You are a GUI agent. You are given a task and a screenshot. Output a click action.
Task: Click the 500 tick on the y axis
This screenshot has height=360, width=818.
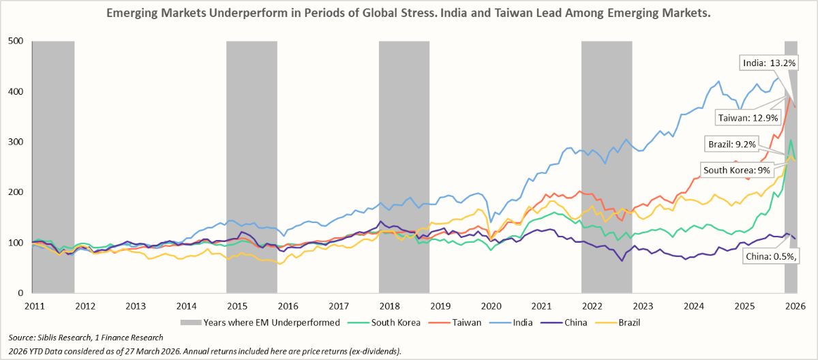coord(16,41)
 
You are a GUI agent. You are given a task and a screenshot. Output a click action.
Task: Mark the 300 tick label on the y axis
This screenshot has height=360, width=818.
coord(16,142)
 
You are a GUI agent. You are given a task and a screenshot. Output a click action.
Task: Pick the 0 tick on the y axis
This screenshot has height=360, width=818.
coord(21,292)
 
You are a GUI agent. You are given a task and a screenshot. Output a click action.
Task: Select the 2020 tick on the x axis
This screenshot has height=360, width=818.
coord(491,307)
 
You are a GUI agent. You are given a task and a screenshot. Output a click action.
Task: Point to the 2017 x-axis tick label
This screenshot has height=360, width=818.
coord(339,307)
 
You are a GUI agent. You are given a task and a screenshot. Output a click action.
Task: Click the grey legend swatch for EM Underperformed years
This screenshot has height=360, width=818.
coord(190,322)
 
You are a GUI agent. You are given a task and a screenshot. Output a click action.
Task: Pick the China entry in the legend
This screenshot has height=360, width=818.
coord(574,322)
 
